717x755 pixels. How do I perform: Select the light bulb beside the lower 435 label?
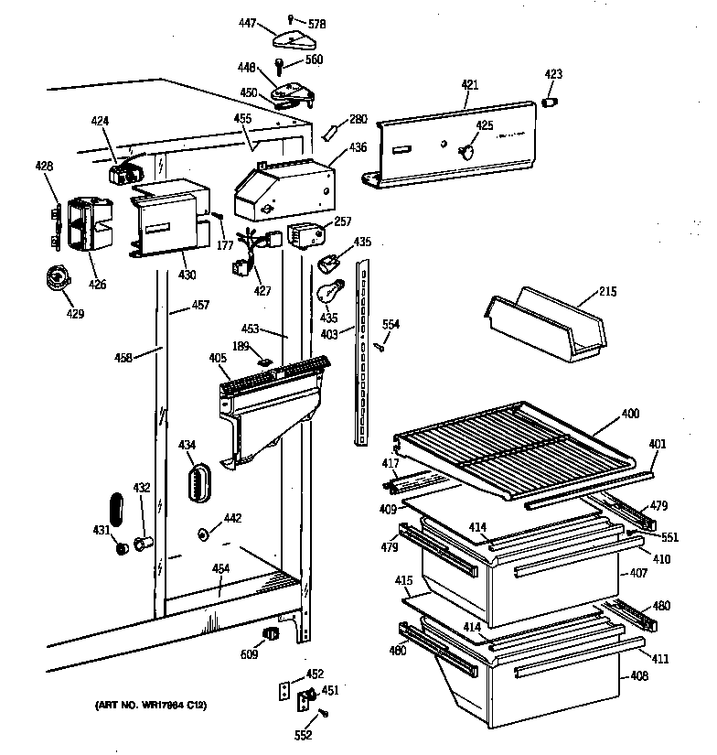329,292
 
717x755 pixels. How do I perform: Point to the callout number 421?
469,85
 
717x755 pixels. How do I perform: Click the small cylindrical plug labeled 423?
551,102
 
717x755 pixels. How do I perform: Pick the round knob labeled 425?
468,149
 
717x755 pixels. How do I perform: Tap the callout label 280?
358,118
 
